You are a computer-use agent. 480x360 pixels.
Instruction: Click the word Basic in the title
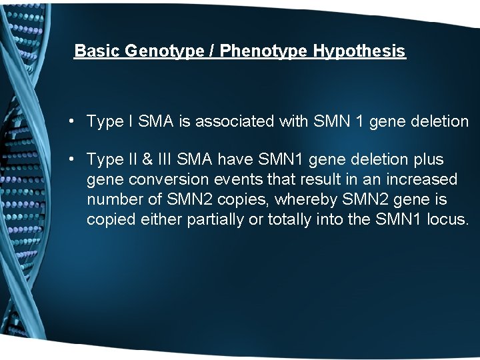pos(96,51)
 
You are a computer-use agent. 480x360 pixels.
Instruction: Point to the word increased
pos(422,180)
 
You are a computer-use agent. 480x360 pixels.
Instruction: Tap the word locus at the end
pos(448,220)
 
